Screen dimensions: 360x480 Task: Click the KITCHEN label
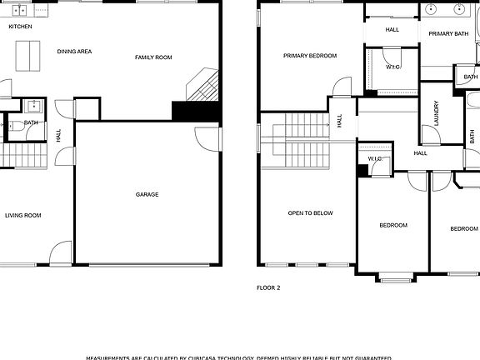coord(20,27)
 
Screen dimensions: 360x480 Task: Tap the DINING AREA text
coord(74,52)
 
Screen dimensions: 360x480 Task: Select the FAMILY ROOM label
coord(153,57)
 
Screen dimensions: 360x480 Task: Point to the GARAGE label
coord(147,195)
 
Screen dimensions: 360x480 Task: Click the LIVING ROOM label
coord(22,216)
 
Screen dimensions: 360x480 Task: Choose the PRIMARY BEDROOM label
coord(309,56)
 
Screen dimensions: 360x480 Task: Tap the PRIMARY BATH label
coord(448,33)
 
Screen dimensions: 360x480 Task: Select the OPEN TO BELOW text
coord(310,213)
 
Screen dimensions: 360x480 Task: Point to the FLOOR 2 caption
coord(267,287)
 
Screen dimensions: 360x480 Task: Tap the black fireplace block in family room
coord(183,111)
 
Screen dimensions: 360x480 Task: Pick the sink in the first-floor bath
coord(35,107)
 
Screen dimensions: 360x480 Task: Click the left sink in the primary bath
coord(431,10)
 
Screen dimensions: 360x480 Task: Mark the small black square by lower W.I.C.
coord(362,171)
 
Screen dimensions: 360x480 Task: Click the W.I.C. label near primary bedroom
coord(393,67)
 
